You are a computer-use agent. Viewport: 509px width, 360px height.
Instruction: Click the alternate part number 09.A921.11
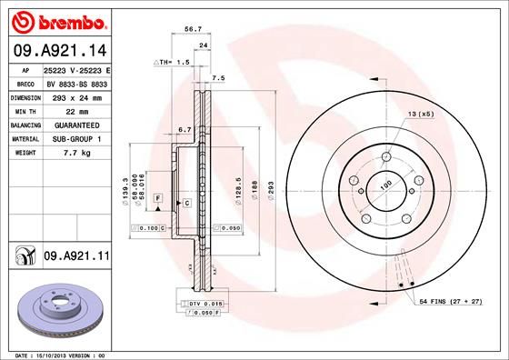76,258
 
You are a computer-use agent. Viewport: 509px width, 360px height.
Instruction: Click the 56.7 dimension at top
194,29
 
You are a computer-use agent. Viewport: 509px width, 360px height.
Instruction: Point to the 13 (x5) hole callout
421,115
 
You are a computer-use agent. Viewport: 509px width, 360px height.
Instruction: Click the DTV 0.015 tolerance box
204,302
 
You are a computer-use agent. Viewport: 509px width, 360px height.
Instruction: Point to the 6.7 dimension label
185,129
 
